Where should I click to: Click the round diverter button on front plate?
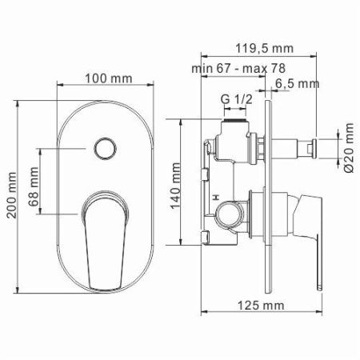103,149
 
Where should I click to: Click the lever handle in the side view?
317,240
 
